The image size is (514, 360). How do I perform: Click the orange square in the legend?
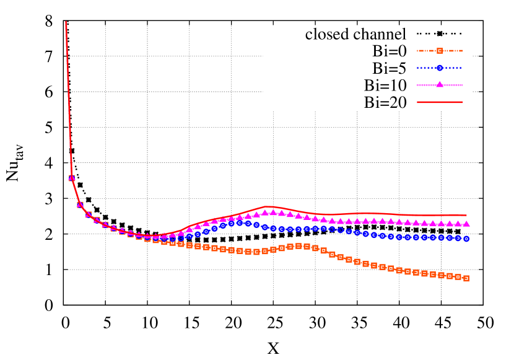(440, 51)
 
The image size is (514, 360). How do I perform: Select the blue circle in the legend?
(440, 68)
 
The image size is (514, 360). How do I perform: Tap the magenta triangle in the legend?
(440, 85)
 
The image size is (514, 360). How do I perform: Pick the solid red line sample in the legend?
(440, 102)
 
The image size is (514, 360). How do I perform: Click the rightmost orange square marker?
(466, 279)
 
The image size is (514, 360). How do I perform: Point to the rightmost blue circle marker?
(466, 239)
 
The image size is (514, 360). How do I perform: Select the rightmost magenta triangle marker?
(466, 224)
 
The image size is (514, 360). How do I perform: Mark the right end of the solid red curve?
(466, 216)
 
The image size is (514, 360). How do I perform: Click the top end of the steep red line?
(66, 22)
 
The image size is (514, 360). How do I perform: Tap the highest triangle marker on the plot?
(72, 178)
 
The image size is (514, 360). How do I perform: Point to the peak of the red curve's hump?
(267, 206)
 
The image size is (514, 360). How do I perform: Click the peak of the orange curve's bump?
(298, 246)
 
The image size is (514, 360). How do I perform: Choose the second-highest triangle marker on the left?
(80, 204)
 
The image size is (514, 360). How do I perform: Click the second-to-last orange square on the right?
(458, 277)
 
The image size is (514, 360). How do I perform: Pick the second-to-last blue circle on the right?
(458, 238)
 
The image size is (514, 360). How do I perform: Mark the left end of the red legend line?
(417, 102)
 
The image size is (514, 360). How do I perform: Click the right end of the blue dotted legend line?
(463, 68)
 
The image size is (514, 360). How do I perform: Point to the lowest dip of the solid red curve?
(152, 236)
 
